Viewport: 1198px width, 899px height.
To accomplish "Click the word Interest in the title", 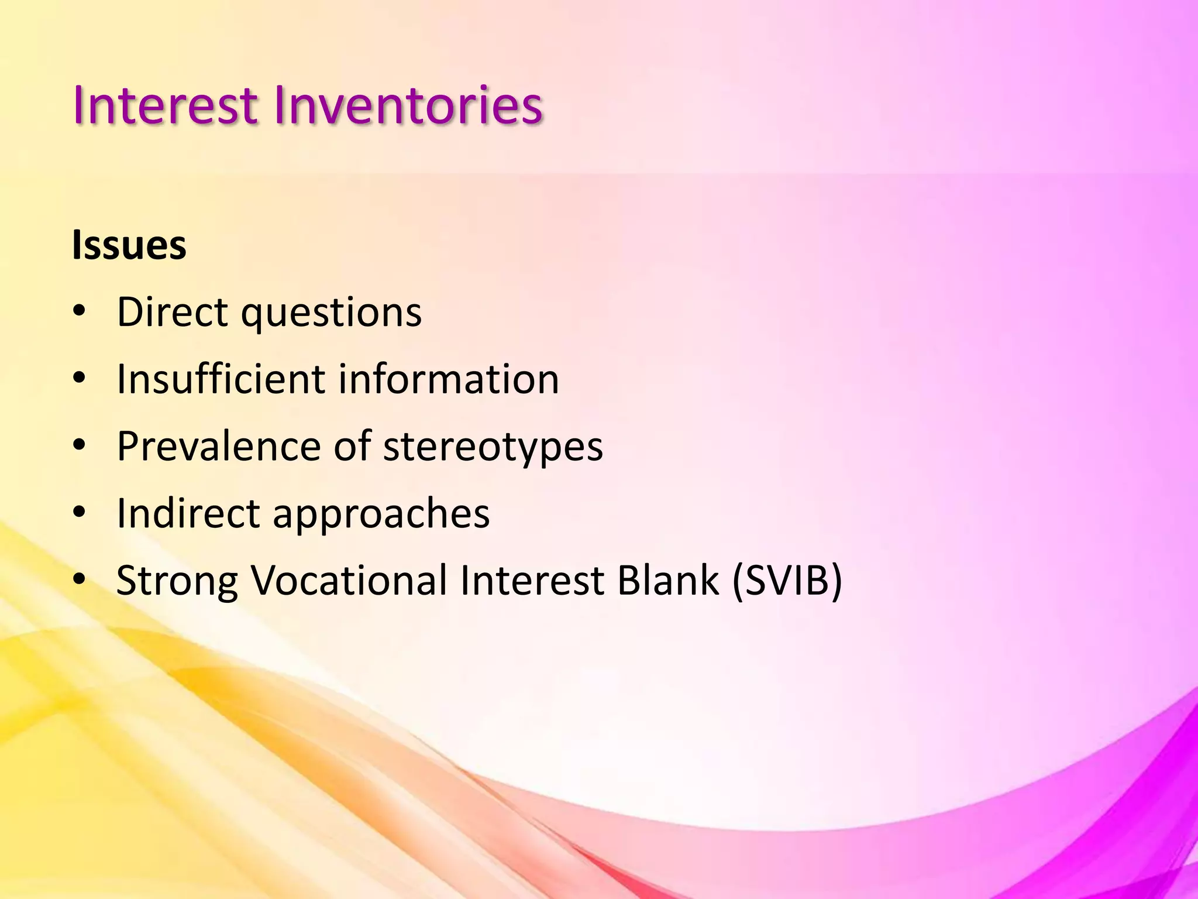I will click(x=166, y=106).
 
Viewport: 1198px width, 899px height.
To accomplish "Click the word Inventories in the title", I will click(x=408, y=106).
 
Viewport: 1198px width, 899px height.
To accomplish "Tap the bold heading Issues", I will click(x=129, y=245).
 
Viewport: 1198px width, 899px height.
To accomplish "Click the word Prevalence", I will click(x=219, y=446).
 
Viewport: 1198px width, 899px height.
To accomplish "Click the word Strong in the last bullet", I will click(x=177, y=581).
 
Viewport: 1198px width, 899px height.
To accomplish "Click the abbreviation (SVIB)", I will click(x=787, y=580).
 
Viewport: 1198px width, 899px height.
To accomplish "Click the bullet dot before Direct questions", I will click(x=80, y=311).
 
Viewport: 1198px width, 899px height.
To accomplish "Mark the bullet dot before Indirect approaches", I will click(x=80, y=513).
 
